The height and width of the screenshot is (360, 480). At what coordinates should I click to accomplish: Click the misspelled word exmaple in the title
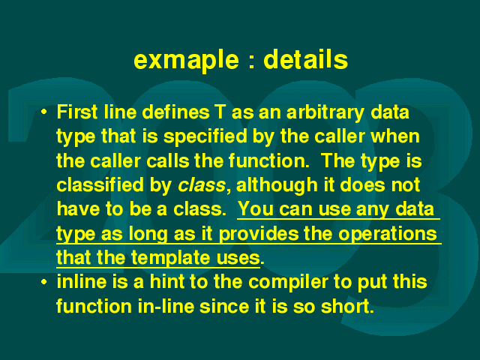[x=186, y=61]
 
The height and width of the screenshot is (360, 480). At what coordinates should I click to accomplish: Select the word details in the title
[x=305, y=58]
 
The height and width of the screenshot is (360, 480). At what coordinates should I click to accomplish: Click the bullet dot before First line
[x=44, y=112]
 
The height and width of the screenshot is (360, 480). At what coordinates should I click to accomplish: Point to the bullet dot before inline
[x=44, y=282]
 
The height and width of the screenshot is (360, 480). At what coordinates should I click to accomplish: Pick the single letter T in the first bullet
[x=220, y=112]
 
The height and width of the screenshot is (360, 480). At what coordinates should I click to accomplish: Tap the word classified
[x=100, y=185]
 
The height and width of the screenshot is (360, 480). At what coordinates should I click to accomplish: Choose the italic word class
[x=202, y=185]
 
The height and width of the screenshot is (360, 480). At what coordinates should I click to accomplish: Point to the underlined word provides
[x=259, y=235]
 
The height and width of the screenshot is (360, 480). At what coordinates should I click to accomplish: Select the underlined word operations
[x=388, y=235]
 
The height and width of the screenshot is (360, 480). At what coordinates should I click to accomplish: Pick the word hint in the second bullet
[x=167, y=282]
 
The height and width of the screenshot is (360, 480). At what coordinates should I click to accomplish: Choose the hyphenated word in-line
[x=166, y=307]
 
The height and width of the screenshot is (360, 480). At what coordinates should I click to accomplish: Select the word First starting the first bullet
[x=77, y=112]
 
